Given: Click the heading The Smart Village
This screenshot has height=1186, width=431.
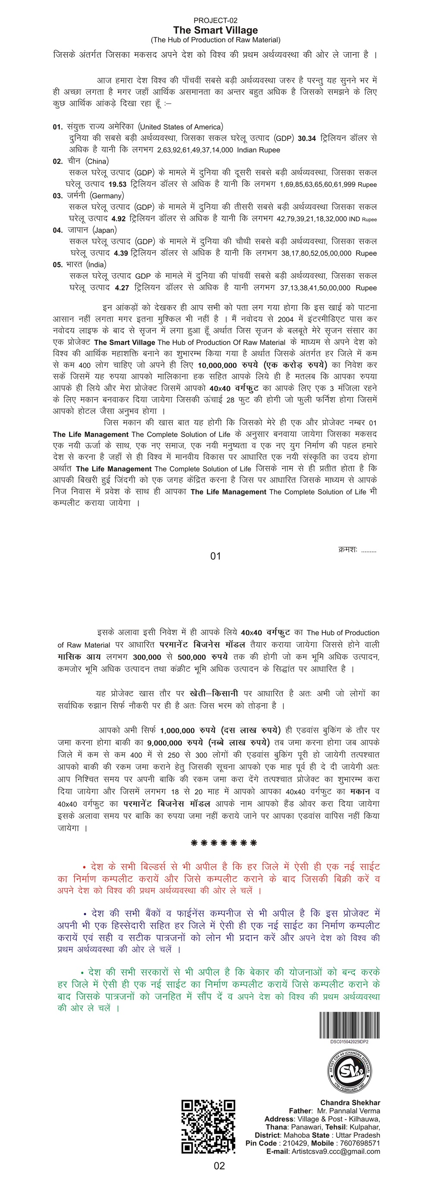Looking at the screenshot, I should tap(215, 30).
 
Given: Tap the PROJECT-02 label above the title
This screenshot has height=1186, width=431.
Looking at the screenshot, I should tap(215, 20).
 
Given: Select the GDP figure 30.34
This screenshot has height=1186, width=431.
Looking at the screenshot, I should tap(307, 138).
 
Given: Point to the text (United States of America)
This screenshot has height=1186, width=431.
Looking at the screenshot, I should tap(180, 126).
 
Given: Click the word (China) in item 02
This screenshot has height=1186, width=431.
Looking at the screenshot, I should tap(97, 161).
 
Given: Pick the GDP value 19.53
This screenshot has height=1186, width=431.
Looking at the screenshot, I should tap(117, 184).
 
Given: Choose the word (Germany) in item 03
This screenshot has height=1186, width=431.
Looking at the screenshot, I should tap(107, 196).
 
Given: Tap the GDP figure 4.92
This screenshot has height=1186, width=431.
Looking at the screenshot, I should tap(118, 219).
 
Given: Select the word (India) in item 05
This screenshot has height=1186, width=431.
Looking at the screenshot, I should tap(96, 265).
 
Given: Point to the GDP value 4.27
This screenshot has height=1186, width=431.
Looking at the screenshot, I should tap(122, 288).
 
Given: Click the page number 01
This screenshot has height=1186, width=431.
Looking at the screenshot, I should tap(215, 556).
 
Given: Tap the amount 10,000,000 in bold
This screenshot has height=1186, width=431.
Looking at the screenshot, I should tap(217, 365).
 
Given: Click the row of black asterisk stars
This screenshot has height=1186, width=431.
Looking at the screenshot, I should tap(224, 843).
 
